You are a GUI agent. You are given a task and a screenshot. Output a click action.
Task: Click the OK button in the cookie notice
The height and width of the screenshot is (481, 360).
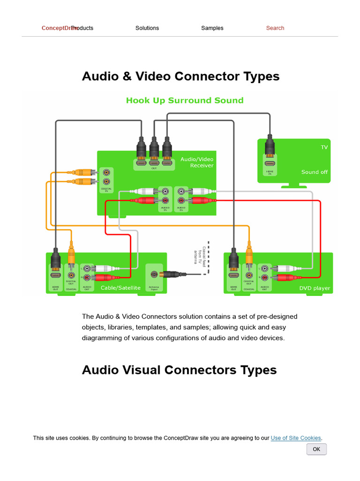click(x=316, y=449)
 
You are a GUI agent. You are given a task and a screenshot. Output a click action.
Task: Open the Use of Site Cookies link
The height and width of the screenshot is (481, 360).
click(x=296, y=438)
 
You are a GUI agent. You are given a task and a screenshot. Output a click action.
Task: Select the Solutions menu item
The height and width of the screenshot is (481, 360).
click(x=147, y=28)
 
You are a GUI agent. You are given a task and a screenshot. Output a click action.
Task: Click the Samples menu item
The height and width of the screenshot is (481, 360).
click(x=212, y=28)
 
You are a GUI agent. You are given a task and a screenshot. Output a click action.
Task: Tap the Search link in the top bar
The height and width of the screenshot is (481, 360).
click(x=275, y=28)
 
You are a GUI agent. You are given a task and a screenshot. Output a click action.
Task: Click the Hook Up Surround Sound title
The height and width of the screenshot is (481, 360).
click(x=185, y=101)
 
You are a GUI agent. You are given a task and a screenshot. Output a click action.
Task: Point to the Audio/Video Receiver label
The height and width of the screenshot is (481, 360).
click(x=197, y=163)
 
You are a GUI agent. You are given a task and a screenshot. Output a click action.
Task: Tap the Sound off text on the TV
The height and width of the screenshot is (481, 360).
click(x=314, y=172)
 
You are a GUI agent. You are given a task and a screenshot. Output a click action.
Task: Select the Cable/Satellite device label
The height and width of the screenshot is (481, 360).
click(x=120, y=288)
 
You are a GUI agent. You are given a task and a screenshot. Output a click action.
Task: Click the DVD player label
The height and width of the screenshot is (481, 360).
click(x=315, y=288)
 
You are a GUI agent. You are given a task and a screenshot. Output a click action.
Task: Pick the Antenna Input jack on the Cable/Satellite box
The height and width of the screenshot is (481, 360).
click(x=154, y=274)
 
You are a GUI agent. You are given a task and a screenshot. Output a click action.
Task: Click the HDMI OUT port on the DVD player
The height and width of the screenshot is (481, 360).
click(x=233, y=275)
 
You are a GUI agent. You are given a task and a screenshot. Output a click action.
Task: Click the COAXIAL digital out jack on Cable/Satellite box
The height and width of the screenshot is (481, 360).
click(x=71, y=276)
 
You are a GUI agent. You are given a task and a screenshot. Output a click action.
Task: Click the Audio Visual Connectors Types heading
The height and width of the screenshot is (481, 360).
click(x=179, y=370)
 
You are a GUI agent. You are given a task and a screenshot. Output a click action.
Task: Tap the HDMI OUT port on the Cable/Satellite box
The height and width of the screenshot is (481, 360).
click(x=55, y=275)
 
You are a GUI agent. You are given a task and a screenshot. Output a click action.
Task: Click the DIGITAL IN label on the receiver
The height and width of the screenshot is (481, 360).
click(x=106, y=189)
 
